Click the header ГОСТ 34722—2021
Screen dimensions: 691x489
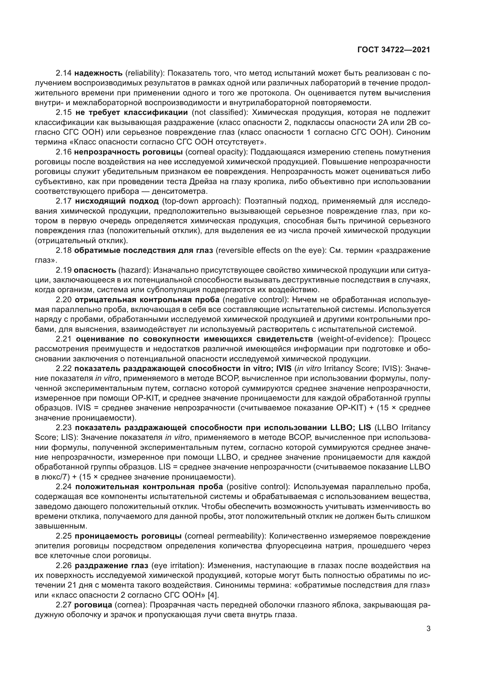tap(394, 50)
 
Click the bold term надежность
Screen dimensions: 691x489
tap(98, 73)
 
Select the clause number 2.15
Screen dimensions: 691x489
tap(64, 113)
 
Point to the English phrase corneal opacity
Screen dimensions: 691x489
tap(214, 152)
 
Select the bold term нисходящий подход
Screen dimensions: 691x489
tap(116, 201)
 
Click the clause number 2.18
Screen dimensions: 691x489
tap(64, 251)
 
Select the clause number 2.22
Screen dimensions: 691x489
tap(64, 369)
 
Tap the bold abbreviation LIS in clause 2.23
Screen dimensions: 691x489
tap(365, 428)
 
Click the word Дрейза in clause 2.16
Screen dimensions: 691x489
tap(201, 181)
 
